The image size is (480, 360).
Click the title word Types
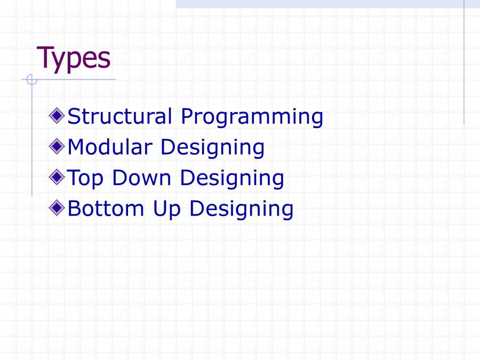(74, 58)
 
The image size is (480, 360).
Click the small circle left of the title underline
(31, 80)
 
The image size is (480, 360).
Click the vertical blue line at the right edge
(464, 64)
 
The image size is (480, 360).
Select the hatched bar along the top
(320, 4)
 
